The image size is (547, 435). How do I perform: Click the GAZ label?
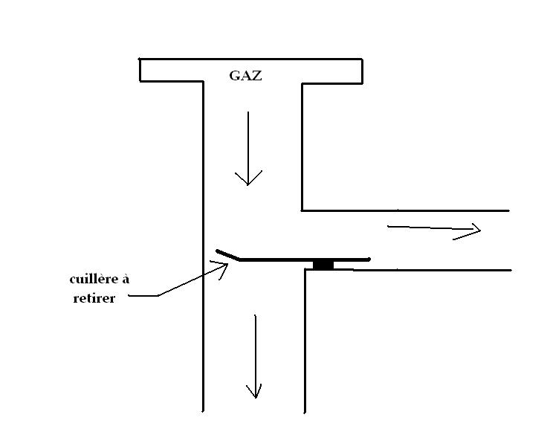click(245, 75)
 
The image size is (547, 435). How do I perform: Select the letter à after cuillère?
click(126, 279)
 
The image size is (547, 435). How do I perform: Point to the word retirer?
click(94, 298)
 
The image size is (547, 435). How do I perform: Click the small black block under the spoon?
click(323, 265)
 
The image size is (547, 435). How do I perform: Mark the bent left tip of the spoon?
click(217, 251)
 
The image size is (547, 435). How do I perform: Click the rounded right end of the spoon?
click(369, 260)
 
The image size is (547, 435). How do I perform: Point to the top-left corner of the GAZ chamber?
click(140, 59)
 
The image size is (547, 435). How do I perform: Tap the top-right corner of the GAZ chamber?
click(362, 59)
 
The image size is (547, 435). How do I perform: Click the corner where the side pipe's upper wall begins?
click(302, 210)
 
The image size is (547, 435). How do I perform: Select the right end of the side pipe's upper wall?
click(509, 210)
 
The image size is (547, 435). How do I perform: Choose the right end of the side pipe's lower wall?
click(511, 270)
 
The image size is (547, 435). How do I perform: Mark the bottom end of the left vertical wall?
click(203, 411)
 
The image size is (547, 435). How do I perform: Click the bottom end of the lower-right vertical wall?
click(305, 413)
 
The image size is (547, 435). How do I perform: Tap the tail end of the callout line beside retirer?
click(129, 296)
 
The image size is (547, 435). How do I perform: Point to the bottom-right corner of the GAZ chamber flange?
click(362, 83)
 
